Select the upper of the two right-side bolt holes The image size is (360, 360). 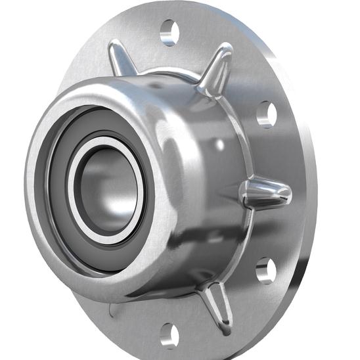click(x=266, y=114)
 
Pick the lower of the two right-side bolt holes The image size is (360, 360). click(x=265, y=270)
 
